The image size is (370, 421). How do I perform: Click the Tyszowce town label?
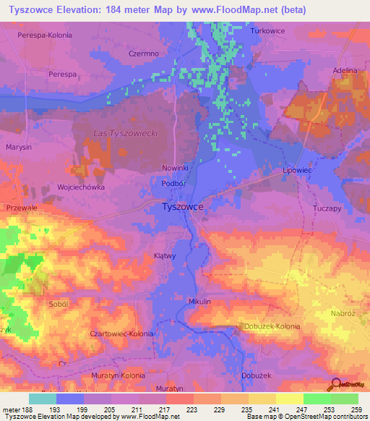[181, 206]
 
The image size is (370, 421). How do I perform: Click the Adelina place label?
[345, 70]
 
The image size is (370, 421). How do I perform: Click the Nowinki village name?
[175, 167]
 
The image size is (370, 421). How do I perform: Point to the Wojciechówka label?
[81, 187]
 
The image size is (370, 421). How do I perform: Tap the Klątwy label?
[165, 256]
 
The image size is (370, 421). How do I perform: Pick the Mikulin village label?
[199, 301]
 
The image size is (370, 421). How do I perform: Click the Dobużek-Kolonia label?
[272, 326]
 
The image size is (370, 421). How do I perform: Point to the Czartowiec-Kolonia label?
[121, 333]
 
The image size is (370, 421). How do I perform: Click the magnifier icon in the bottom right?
[335, 384]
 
